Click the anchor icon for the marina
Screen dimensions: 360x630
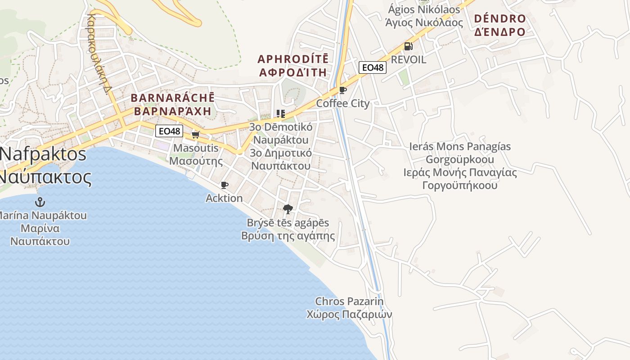40,202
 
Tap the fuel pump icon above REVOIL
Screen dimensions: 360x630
408,46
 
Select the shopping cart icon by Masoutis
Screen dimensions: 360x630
195,135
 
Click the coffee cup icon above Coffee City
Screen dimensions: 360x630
343,90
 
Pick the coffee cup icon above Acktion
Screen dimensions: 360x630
224,185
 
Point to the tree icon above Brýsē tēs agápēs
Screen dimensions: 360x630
288,209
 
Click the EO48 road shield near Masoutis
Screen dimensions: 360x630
169,131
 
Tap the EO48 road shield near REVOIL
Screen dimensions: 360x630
373,67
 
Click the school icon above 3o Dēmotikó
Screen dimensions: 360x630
281,113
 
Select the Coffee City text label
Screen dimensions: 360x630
343,103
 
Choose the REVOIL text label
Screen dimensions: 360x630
409,60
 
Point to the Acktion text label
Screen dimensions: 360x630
224,198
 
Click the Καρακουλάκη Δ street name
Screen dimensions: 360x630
99,54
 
